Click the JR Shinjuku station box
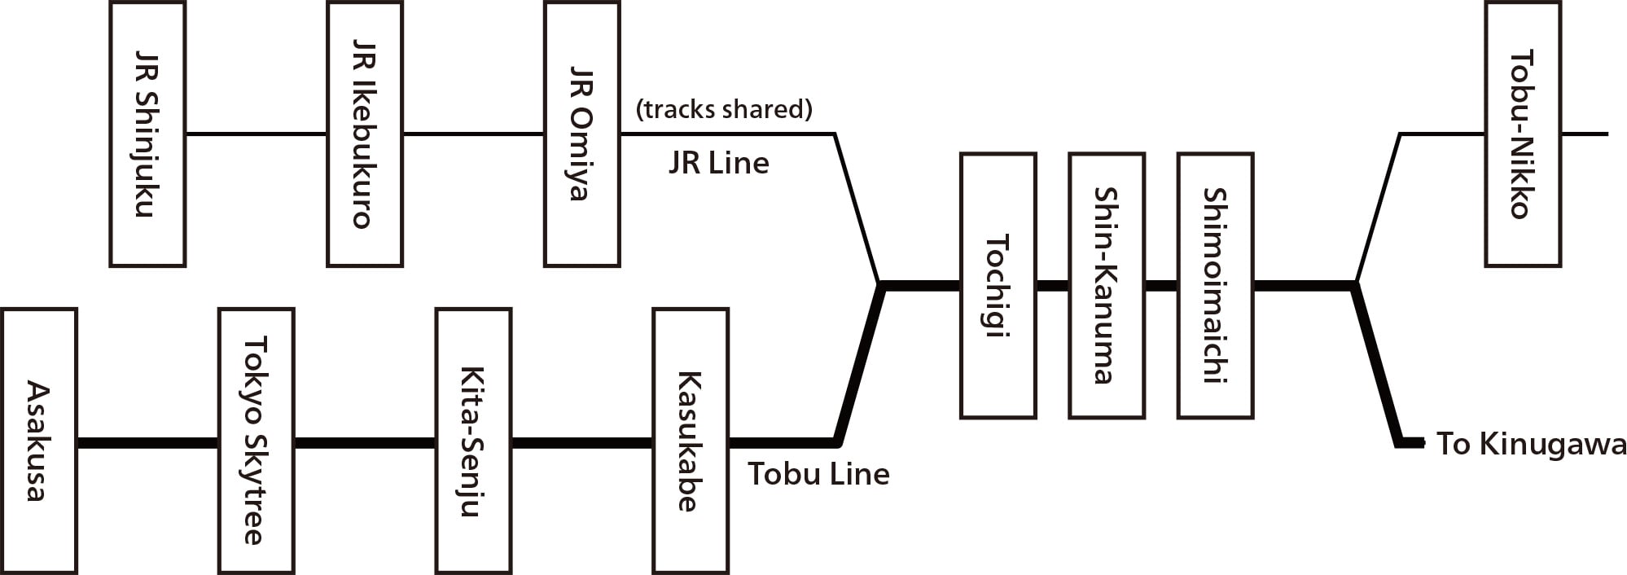[147, 134]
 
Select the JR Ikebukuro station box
[365, 134]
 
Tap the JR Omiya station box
[581, 134]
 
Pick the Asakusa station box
[39, 441]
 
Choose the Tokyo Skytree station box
[256, 441]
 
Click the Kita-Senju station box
[473, 441]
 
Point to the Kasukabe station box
[691, 441]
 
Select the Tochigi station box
[998, 286]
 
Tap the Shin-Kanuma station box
[1106, 286]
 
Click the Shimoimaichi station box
[1215, 286]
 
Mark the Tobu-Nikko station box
[1522, 134]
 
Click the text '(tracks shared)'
[724, 109]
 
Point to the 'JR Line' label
[718, 164]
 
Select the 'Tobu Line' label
[818, 474]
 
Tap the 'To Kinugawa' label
[1530, 445]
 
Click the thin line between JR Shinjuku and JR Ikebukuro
[256, 134]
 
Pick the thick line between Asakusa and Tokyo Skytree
[147, 443]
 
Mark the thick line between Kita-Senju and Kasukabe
[581, 443]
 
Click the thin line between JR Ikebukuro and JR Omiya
[473, 134]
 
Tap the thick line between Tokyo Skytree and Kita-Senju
[365, 443]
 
